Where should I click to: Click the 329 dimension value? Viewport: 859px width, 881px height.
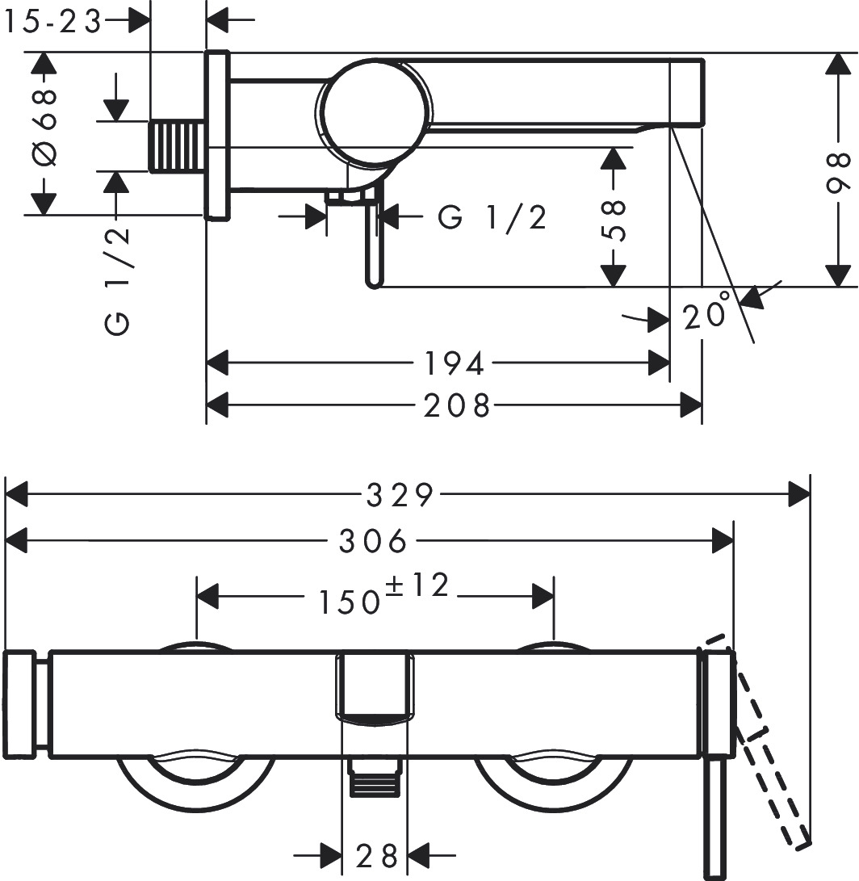400,494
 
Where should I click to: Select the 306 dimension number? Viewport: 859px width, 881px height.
373,541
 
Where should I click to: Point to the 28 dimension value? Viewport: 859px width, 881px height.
377,854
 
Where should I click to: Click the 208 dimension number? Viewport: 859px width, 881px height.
458,405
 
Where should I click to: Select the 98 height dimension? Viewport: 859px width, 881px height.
840,171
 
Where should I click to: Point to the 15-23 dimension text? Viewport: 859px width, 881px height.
52,23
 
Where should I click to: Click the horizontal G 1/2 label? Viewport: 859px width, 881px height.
492,217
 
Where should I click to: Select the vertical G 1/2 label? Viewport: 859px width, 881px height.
117,281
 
